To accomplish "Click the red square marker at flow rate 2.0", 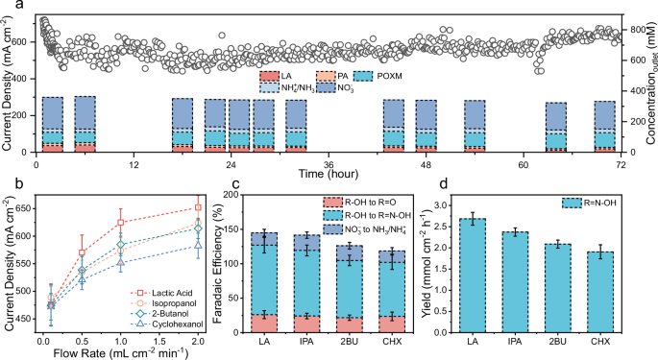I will pos(198,207).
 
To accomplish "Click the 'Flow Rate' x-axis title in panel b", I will pos(121,350).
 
